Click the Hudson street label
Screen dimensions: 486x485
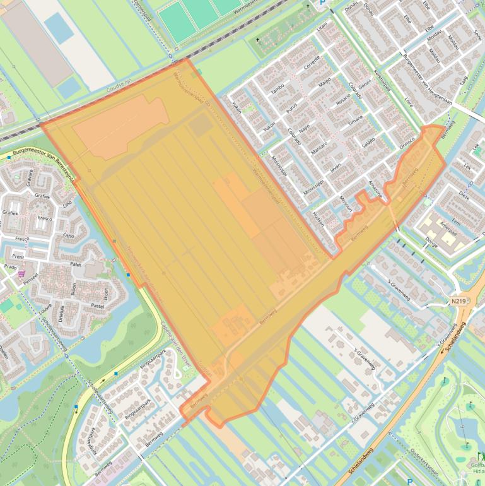coord(317,223)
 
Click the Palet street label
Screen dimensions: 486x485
coord(76,265)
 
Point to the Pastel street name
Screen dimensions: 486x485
coord(98,305)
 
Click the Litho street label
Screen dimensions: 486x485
coord(69,236)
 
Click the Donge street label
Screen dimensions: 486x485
coord(431,240)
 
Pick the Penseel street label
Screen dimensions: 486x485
coord(30,276)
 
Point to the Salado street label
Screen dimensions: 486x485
coord(368,141)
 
